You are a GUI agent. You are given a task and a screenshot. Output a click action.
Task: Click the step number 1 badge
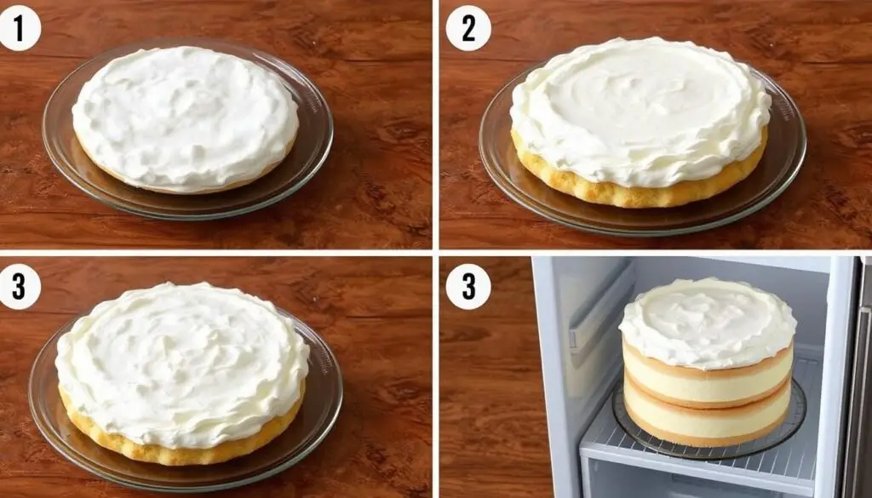click(x=20, y=28)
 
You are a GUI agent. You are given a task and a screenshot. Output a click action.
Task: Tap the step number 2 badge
click(x=468, y=28)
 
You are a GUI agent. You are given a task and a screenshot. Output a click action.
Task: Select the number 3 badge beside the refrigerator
click(x=468, y=287)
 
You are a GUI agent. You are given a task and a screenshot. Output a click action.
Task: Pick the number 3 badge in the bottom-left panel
click(x=20, y=287)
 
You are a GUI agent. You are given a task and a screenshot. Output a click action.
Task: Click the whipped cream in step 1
click(x=185, y=117)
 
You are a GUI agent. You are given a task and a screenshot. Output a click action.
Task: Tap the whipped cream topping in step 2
click(x=640, y=108)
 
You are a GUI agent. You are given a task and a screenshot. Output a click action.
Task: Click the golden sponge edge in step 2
click(x=640, y=195)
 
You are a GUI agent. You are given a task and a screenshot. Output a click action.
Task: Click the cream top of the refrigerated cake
click(x=708, y=323)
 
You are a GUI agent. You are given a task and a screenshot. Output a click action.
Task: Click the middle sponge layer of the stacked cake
click(x=708, y=401)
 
